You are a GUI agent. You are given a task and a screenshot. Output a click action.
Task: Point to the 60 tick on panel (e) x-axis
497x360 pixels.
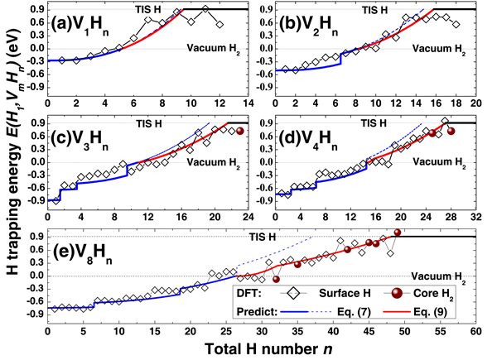[475, 334]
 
